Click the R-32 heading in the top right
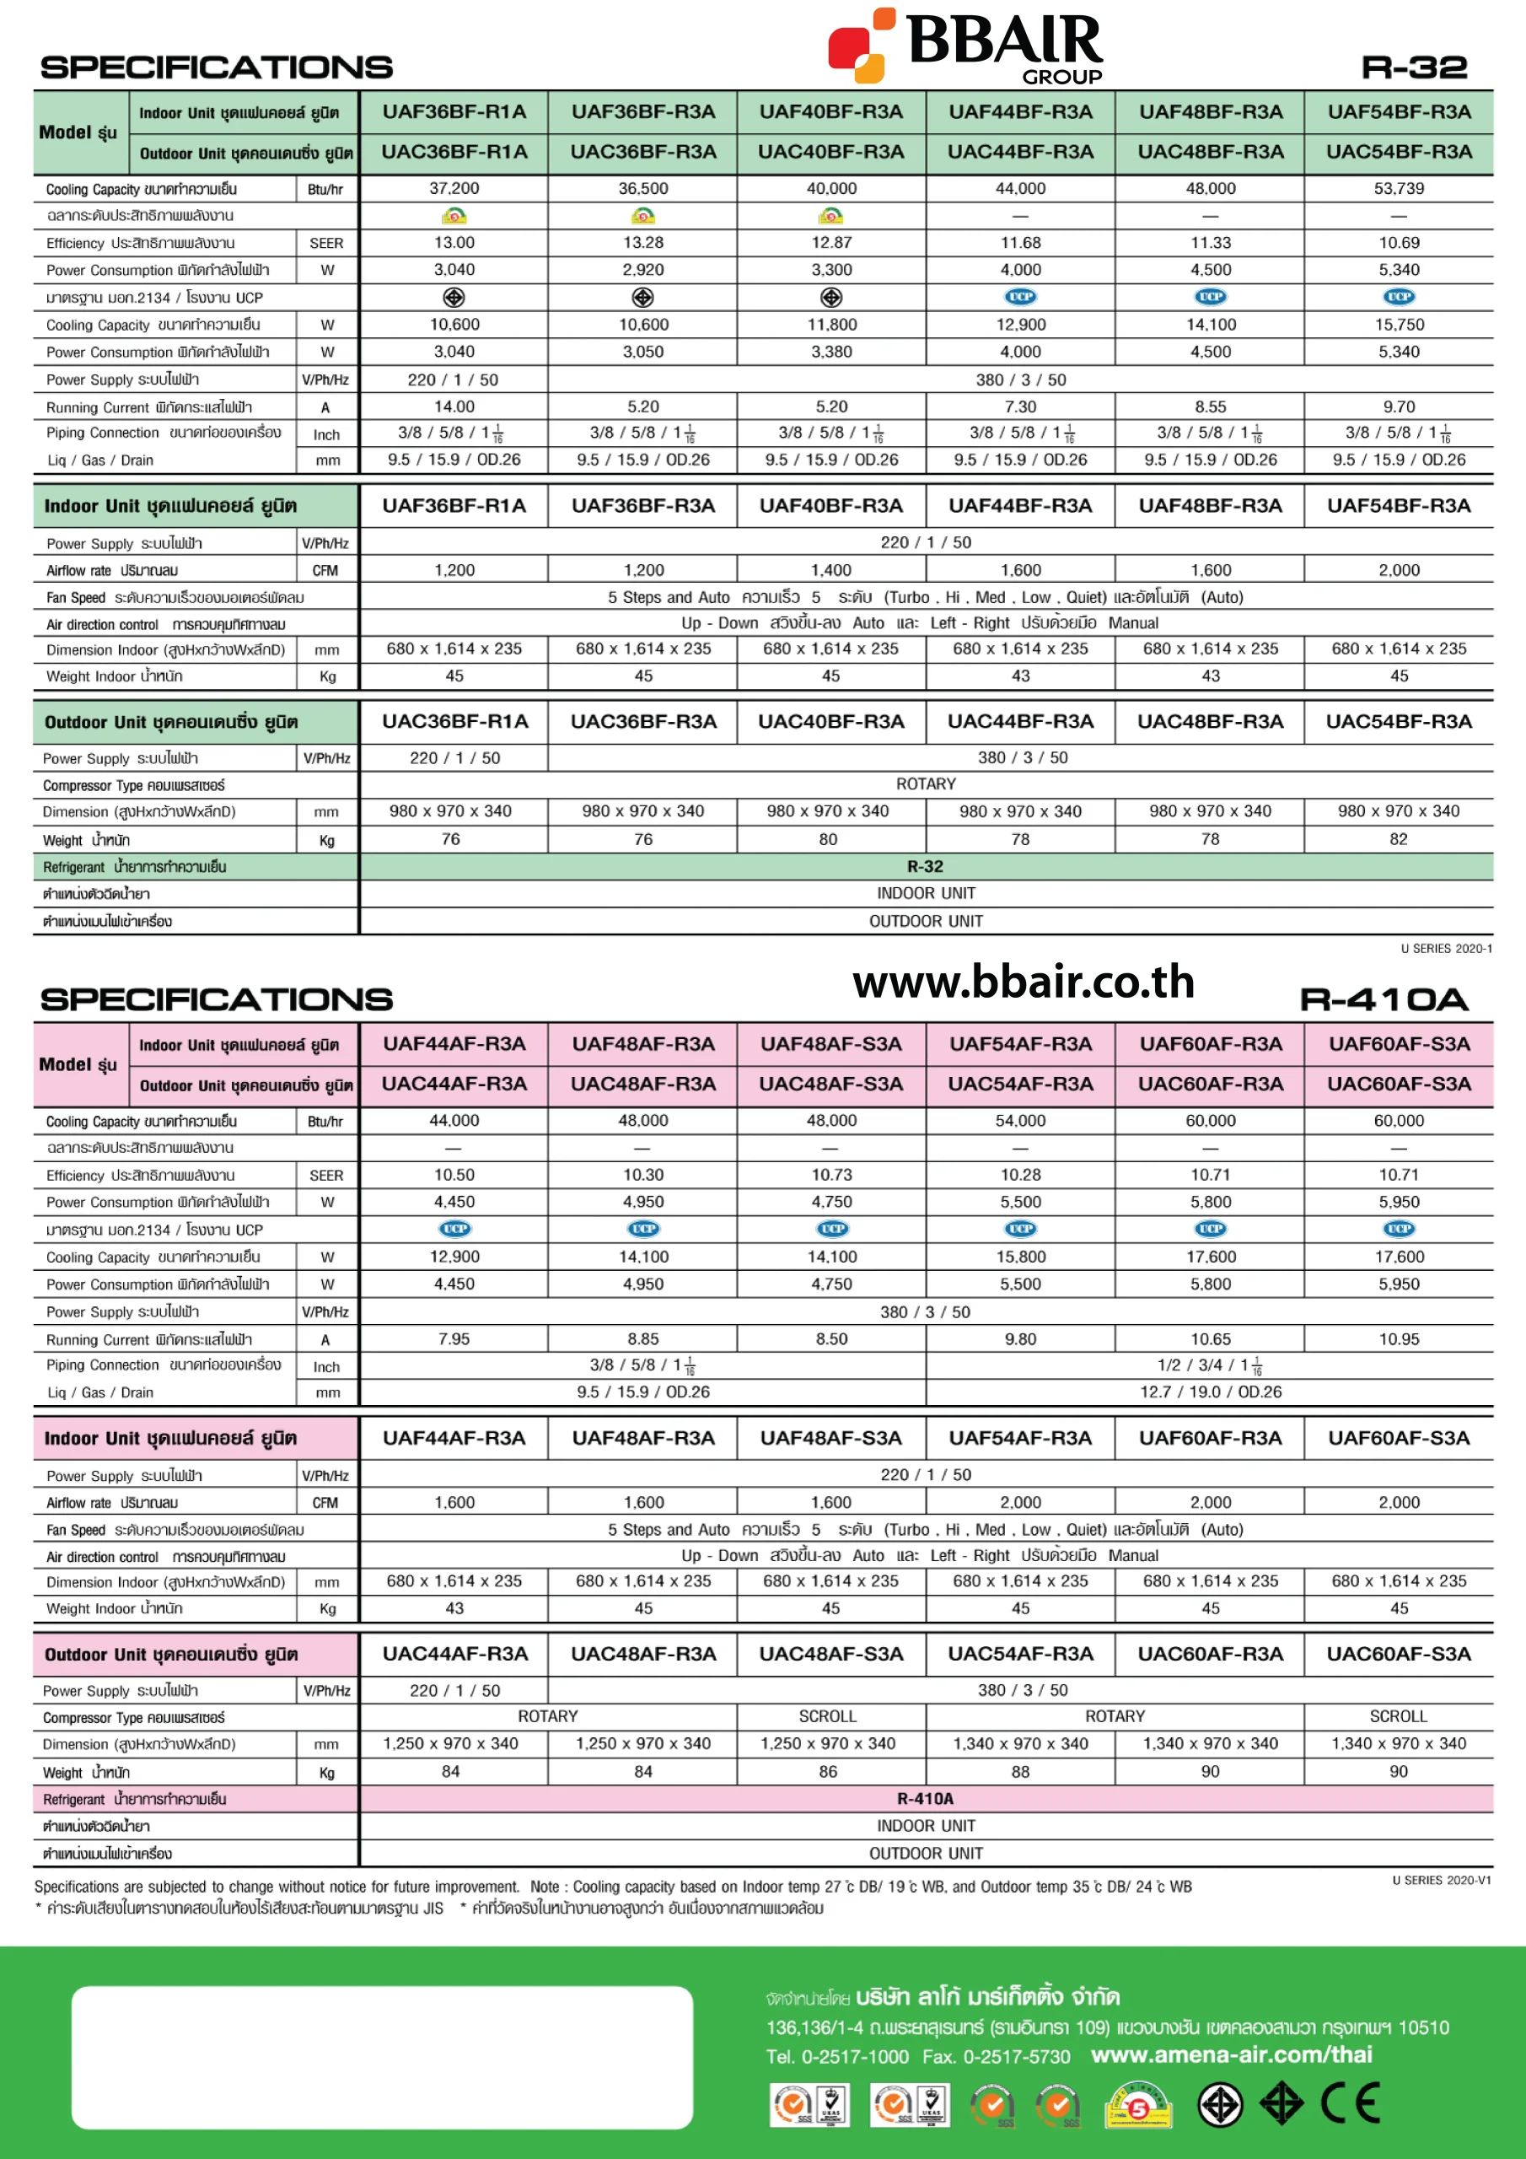coord(1413,67)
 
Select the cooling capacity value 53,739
coord(1398,188)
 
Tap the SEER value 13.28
coord(643,243)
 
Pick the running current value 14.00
coord(454,406)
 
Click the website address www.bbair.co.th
coord(1023,982)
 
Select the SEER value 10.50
coord(454,1175)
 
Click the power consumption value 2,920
coord(643,270)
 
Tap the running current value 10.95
coord(1398,1339)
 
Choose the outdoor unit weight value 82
coord(1398,839)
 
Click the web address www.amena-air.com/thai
coord(1231,2054)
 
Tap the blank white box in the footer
coord(382,2056)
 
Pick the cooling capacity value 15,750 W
coord(1398,325)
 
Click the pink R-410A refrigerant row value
coord(925,1799)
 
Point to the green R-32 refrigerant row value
coord(925,866)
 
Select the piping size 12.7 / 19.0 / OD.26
coord(1210,1392)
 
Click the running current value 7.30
coord(1020,406)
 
